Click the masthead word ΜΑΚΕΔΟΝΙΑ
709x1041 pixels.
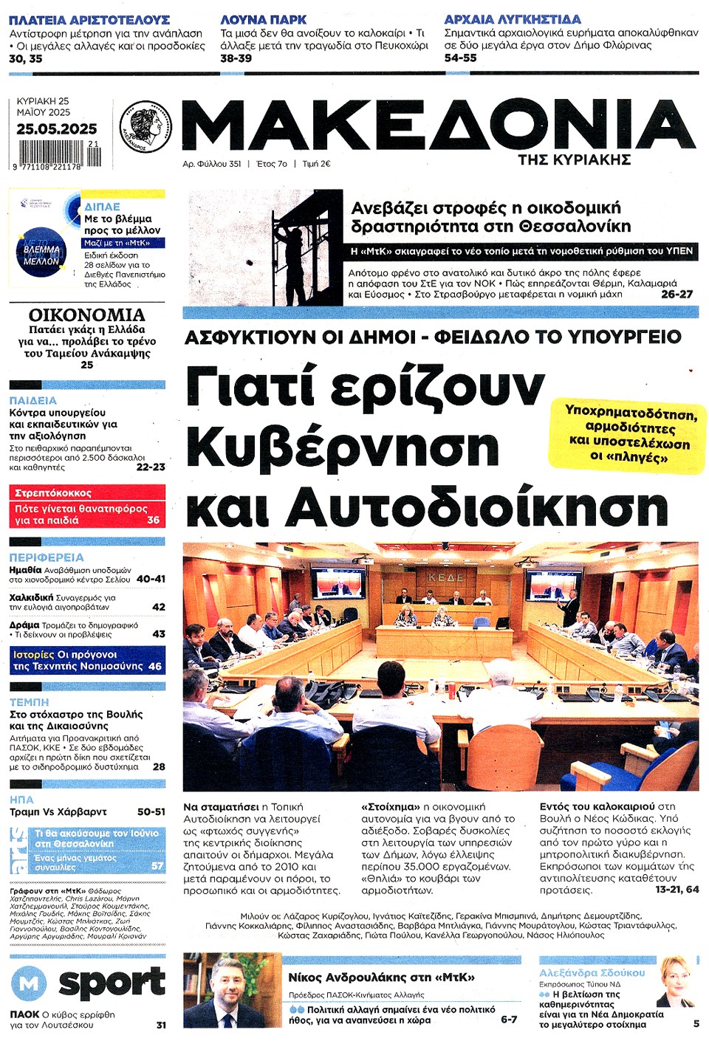[x=438, y=126]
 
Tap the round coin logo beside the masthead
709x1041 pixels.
[x=145, y=126]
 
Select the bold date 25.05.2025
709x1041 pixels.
[x=56, y=129]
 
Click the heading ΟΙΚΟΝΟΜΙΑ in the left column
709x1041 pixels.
[x=86, y=315]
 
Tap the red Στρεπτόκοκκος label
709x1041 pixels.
[x=53, y=493]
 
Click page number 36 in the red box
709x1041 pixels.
[x=153, y=520]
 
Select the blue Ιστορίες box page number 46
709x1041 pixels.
[x=154, y=666]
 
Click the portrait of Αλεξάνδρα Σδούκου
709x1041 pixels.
[x=675, y=981]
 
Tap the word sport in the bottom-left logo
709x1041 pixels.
[x=112, y=983]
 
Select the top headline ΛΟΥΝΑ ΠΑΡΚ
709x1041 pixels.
[x=263, y=20]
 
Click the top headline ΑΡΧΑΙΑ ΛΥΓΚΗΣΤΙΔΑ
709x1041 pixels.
[x=512, y=19]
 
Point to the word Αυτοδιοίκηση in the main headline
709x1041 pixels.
[x=476, y=509]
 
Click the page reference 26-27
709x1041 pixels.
[x=677, y=294]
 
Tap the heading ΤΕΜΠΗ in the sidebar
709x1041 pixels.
[x=29, y=702]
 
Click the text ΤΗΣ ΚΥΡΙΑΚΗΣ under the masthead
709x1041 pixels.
[x=574, y=159]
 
